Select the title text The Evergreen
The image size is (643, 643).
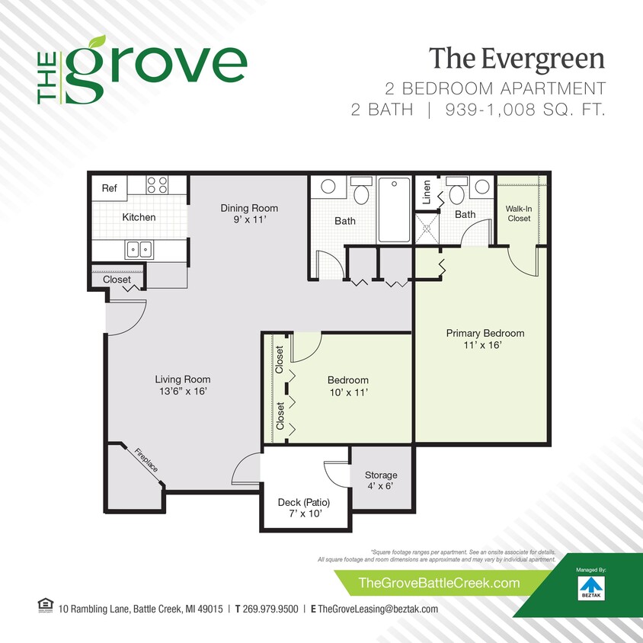pos(516,58)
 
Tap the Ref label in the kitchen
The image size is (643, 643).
pos(109,187)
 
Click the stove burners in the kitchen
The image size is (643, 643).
pos(157,184)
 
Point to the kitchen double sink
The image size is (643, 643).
pos(139,248)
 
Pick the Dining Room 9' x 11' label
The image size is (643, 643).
pos(249,214)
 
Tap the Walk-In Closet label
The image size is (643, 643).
pos(519,213)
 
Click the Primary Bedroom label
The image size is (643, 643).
pos(485,339)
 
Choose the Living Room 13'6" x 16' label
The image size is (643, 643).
pos(182,385)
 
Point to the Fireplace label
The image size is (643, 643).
pos(146,459)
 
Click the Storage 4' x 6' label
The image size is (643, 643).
pos(381,481)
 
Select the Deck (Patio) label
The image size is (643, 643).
pos(305,508)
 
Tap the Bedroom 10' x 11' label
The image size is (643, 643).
pos(347,386)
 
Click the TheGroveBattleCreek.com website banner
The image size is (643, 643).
pos(438,584)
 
